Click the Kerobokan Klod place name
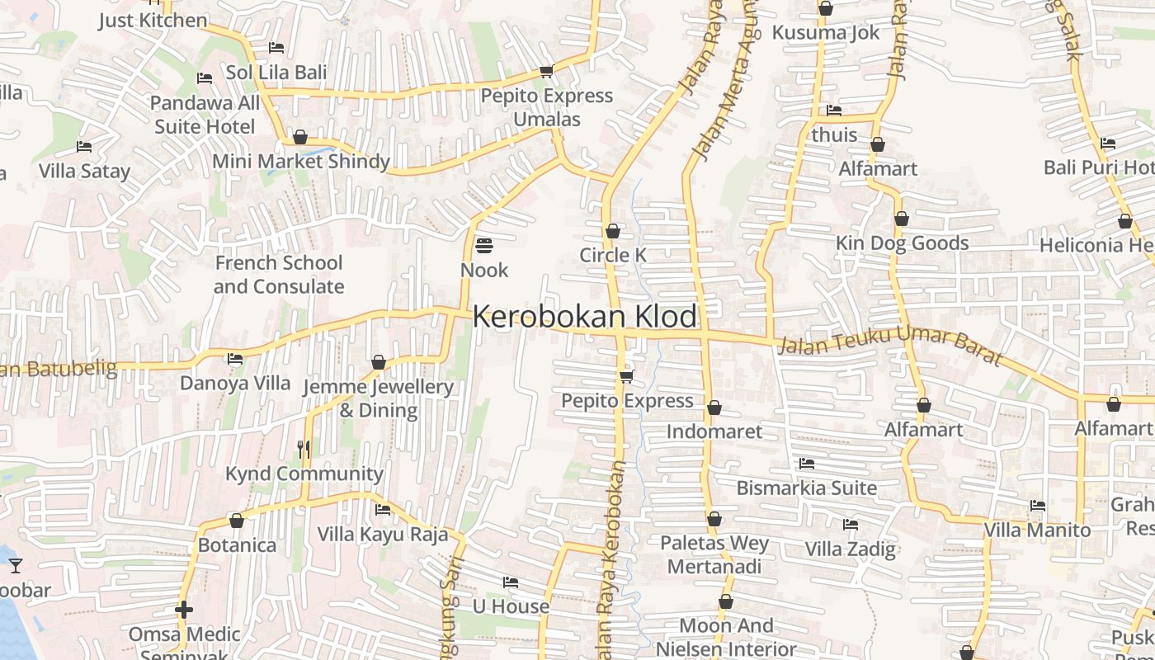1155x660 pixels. [x=585, y=317]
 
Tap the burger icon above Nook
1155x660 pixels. [x=484, y=245]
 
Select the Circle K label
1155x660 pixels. [x=613, y=256]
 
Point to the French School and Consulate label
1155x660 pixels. [x=279, y=275]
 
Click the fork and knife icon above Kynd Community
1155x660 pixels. [x=304, y=449]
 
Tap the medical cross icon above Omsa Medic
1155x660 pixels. [x=184, y=610]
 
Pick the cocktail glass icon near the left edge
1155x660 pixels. [x=16, y=566]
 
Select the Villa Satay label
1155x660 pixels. [x=85, y=172]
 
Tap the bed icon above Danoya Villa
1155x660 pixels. [x=235, y=359]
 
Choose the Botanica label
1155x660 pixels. [x=237, y=545]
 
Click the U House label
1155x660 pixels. [x=511, y=606]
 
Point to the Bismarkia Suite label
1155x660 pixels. [x=806, y=488]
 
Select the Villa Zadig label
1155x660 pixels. [x=850, y=549]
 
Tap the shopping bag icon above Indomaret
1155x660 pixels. [x=714, y=408]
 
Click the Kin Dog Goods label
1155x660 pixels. [x=902, y=243]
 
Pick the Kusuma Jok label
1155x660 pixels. [x=826, y=33]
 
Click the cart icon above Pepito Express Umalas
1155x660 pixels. [x=546, y=71]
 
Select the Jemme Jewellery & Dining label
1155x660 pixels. [x=379, y=398]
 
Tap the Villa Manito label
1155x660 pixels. [x=1037, y=530]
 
